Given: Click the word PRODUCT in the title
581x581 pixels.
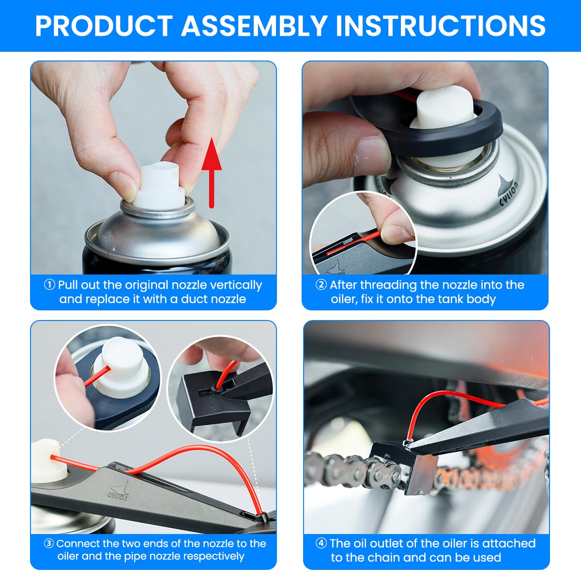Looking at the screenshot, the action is (104, 26).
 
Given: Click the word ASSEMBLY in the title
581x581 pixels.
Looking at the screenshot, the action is (254, 26).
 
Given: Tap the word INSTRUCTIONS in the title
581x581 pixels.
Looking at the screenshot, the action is (441, 26).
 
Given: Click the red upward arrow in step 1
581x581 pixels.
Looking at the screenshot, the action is (212, 173).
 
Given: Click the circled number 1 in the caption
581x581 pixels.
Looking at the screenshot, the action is (49, 284).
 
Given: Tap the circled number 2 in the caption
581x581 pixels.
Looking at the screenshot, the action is (321, 284).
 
